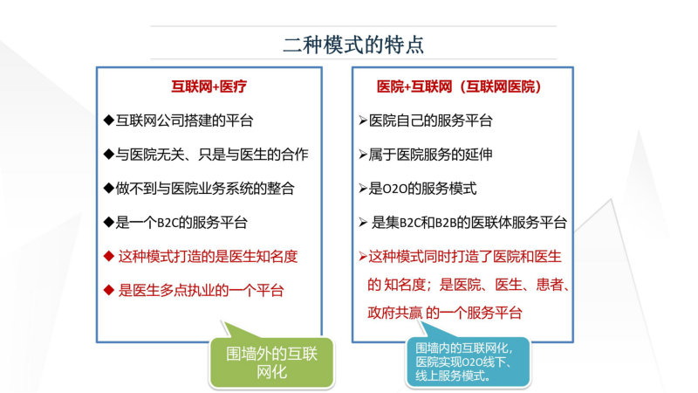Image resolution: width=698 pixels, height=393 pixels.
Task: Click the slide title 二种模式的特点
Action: (353, 45)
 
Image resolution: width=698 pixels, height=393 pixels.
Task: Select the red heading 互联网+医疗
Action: (209, 86)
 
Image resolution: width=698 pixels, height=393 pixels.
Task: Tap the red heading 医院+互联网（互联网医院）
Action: (459, 86)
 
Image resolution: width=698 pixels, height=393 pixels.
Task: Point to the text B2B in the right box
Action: (447, 223)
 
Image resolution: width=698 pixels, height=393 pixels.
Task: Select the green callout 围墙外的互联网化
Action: (271, 362)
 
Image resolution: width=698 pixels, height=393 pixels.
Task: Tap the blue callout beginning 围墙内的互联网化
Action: (468, 362)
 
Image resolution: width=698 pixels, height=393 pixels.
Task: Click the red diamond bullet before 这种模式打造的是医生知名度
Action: (108, 256)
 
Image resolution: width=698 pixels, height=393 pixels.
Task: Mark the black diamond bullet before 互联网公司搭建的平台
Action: (108, 121)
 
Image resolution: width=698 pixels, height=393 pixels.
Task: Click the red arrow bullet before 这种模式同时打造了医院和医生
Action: (363, 257)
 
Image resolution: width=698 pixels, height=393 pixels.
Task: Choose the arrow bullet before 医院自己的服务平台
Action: (363, 121)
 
